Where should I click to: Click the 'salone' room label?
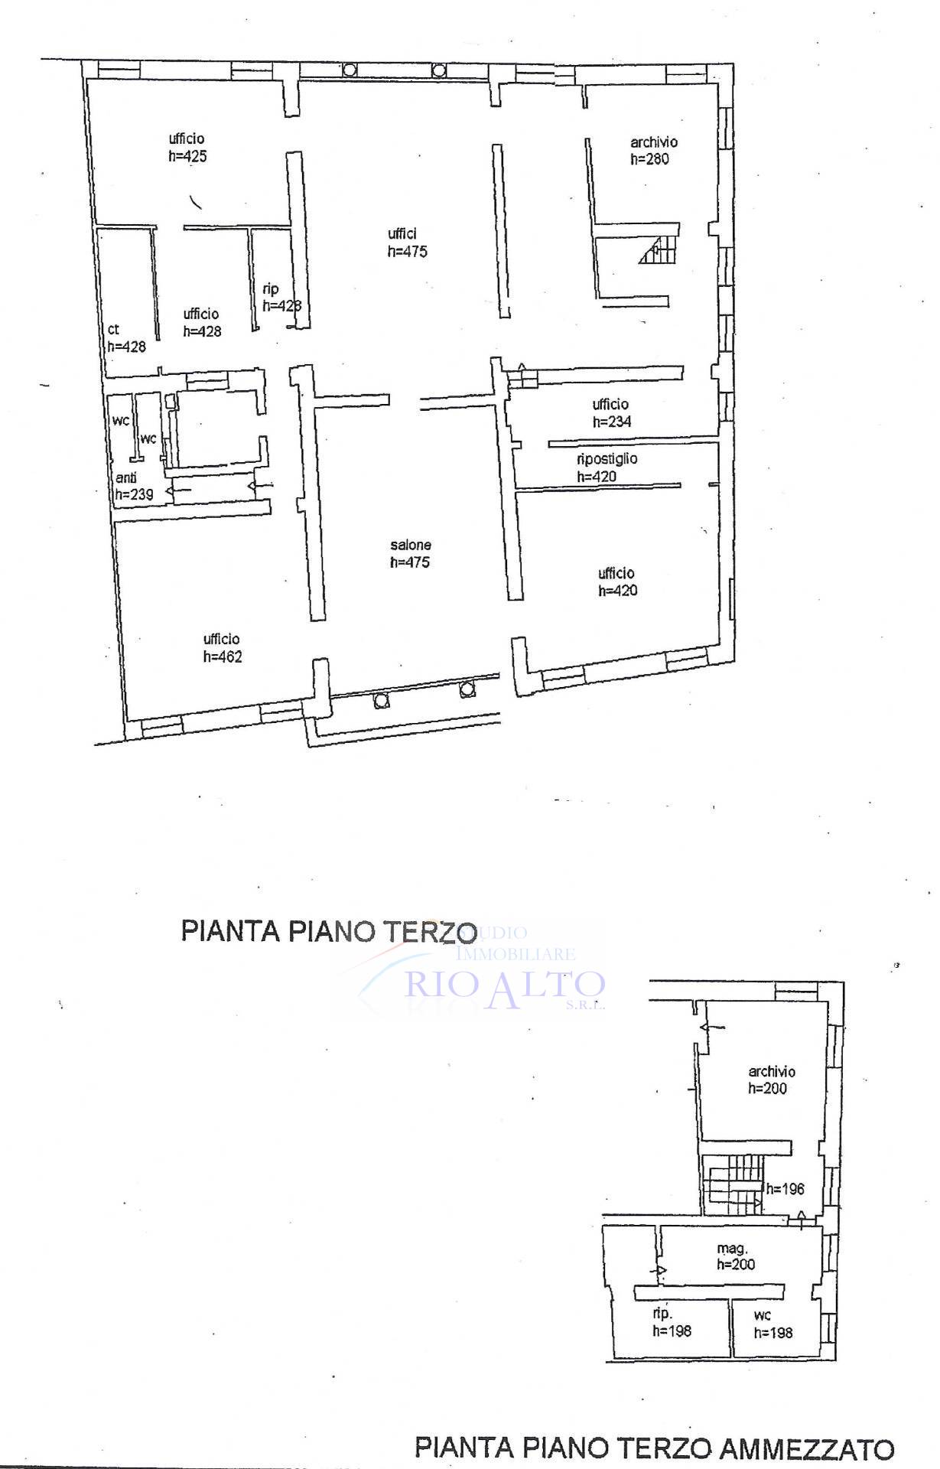click(x=411, y=545)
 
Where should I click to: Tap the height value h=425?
click(x=188, y=156)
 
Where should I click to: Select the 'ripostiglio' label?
click(x=607, y=459)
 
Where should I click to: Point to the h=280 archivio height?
click(x=650, y=159)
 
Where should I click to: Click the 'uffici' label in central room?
click(x=402, y=234)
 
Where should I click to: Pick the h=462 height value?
click(x=223, y=656)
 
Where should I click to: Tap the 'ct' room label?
click(x=113, y=330)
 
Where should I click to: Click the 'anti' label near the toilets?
click(x=126, y=478)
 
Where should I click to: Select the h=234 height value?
click(x=612, y=422)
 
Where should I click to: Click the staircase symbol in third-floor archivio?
click(x=659, y=249)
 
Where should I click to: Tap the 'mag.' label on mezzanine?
click(x=732, y=1248)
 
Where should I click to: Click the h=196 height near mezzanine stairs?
click(x=786, y=1189)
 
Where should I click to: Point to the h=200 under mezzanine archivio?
click(x=768, y=1089)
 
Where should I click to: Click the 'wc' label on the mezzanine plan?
click(x=762, y=1315)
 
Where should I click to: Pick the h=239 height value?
click(x=134, y=494)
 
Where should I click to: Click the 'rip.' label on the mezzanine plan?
click(x=662, y=1314)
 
